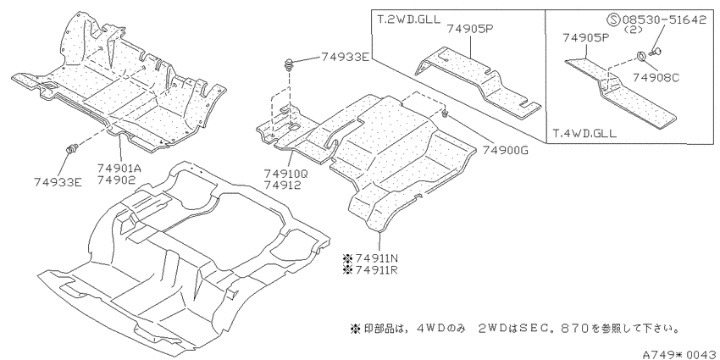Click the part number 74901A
coord(119,169)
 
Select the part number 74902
coord(116,180)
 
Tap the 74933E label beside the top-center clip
coord(345,57)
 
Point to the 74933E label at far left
coord(58,182)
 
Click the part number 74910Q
coord(285,174)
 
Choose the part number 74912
coord(282,185)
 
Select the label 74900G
coord(505,150)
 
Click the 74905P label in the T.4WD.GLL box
coord(586,38)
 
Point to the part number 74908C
coord(656,78)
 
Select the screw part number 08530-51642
coord(664,19)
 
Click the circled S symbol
coord(613,19)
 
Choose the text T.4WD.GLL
coord(584,134)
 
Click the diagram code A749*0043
coord(680,354)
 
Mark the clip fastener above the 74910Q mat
coord(290,64)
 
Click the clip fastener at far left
coord(72,149)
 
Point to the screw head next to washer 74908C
coord(656,52)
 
